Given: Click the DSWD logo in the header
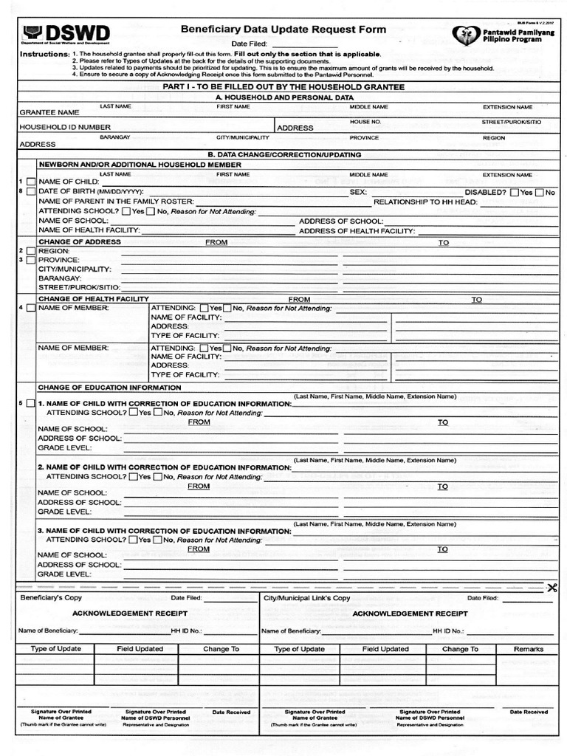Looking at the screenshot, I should click(x=66, y=34).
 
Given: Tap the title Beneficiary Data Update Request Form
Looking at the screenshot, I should click(x=283, y=30).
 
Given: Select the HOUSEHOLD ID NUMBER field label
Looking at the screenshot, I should click(x=65, y=128).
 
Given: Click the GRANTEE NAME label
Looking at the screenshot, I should click(x=49, y=113).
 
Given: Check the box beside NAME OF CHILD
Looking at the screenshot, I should click(x=30, y=182).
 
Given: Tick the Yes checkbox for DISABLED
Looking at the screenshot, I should click(x=515, y=192).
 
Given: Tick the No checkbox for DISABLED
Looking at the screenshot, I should click(x=540, y=192).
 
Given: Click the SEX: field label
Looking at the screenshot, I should click(x=358, y=192).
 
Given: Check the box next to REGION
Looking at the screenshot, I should click(x=30, y=251).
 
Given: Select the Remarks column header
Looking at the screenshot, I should click(x=529, y=649).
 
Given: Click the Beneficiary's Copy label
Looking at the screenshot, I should click(x=51, y=597).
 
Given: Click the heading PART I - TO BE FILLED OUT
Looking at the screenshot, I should click(x=283, y=87).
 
